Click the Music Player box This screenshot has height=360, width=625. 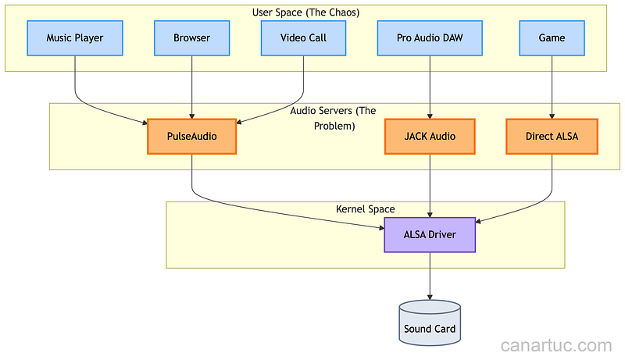(74, 38)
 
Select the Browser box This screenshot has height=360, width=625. (192, 38)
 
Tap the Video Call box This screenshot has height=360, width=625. (304, 38)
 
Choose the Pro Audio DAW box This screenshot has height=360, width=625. (430, 38)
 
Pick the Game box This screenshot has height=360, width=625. (552, 38)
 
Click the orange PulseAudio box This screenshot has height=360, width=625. (192, 137)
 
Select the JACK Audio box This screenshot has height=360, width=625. (430, 137)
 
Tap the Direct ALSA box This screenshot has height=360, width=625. (552, 137)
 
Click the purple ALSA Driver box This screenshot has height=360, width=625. (430, 235)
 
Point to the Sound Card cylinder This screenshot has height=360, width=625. (430, 323)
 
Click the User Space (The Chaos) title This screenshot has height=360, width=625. (305, 12)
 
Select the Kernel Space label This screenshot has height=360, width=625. (365, 209)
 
